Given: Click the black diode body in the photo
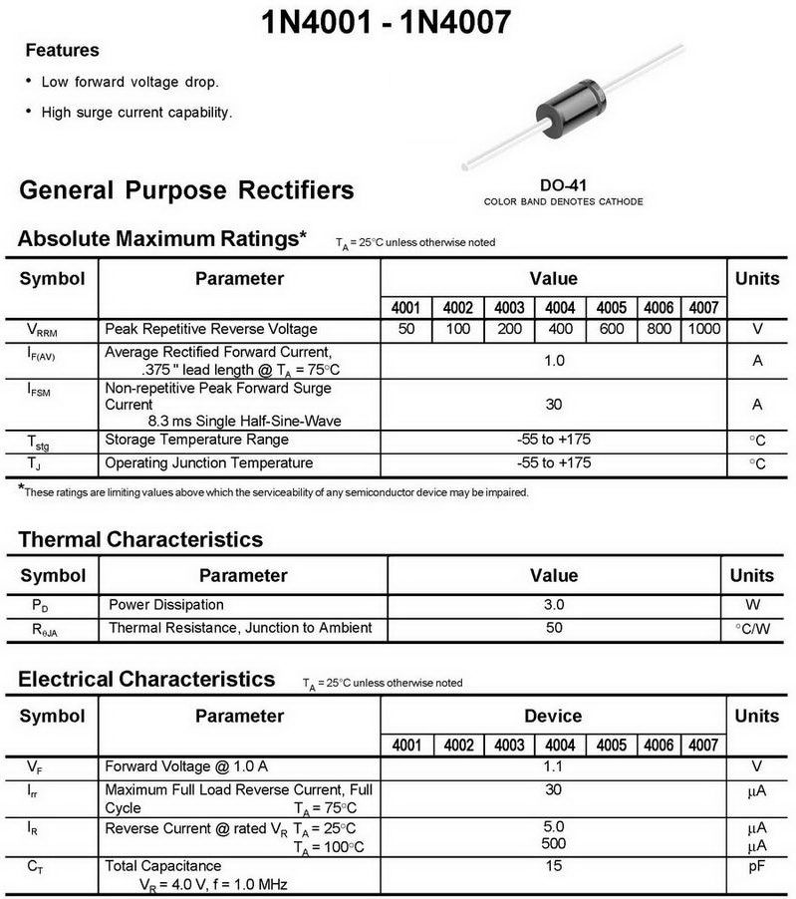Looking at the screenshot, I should click(571, 103).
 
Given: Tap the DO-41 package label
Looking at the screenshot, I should click(563, 185).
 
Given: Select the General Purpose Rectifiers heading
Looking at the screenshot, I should click(186, 189).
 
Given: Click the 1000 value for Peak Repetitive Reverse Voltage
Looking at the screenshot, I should click(703, 329).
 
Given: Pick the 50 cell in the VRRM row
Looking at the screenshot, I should click(405, 329).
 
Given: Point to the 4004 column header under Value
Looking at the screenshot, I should click(560, 307).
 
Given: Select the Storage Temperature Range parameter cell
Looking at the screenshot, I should click(196, 440).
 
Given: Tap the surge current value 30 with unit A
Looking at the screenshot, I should click(554, 404).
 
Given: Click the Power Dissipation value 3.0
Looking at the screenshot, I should click(554, 604).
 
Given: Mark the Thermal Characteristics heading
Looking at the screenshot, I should click(140, 539).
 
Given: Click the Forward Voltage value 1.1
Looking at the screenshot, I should click(554, 766).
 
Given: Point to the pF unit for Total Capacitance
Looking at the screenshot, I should click(756, 866).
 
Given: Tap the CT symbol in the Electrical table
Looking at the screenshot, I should click(36, 867).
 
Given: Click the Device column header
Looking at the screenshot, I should click(553, 716).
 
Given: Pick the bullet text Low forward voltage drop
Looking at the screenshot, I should click(130, 82).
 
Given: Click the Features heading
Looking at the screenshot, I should click(62, 50).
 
